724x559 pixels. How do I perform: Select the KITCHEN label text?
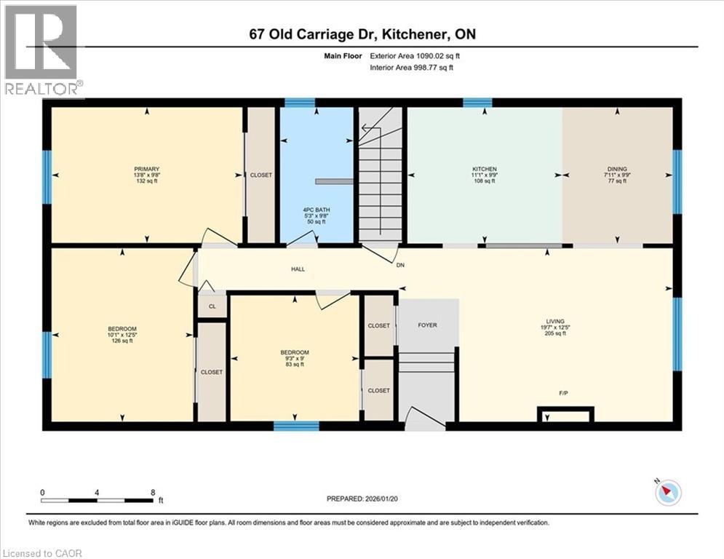pos(484,169)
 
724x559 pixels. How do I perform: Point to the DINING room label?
pos(617,169)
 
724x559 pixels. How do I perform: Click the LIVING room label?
pos(555,321)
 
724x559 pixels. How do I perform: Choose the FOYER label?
pos(427,325)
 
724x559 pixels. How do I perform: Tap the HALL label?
pos(298,269)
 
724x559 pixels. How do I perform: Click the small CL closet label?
pos(212,306)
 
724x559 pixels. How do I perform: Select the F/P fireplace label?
pos(563,394)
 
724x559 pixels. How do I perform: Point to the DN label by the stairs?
pos(400,266)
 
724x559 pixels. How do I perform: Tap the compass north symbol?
pos(668,493)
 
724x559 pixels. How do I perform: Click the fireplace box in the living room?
pos(565,415)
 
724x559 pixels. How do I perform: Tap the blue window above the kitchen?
pos(477,102)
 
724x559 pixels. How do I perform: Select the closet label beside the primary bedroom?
pos(260,175)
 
